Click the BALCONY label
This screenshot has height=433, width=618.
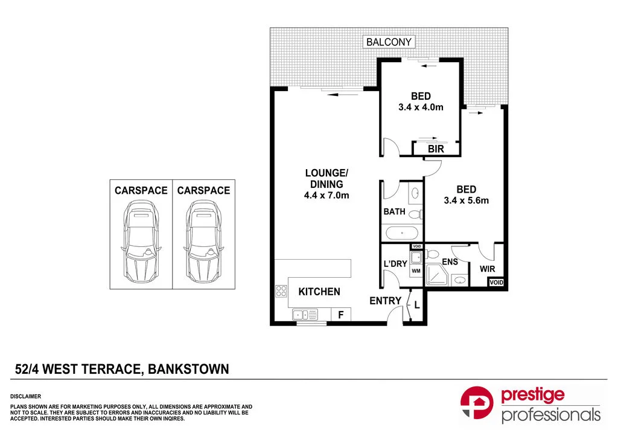click(389, 42)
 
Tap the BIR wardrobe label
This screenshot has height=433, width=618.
click(436, 149)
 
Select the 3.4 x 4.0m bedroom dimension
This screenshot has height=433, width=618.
click(421, 107)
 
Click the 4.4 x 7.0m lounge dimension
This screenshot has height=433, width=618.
click(327, 195)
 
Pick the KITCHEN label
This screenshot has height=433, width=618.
click(319, 292)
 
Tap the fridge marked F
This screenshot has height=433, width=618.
click(341, 315)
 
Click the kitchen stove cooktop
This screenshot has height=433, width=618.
click(281, 292)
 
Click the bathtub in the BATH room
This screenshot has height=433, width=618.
click(402, 233)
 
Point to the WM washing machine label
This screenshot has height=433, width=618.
click(416, 272)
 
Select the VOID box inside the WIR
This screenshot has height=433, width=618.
click(495, 283)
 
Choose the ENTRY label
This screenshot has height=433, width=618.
click(385, 301)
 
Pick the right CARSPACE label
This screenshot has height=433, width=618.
click(203, 191)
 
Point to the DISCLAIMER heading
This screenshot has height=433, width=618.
click(25, 396)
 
